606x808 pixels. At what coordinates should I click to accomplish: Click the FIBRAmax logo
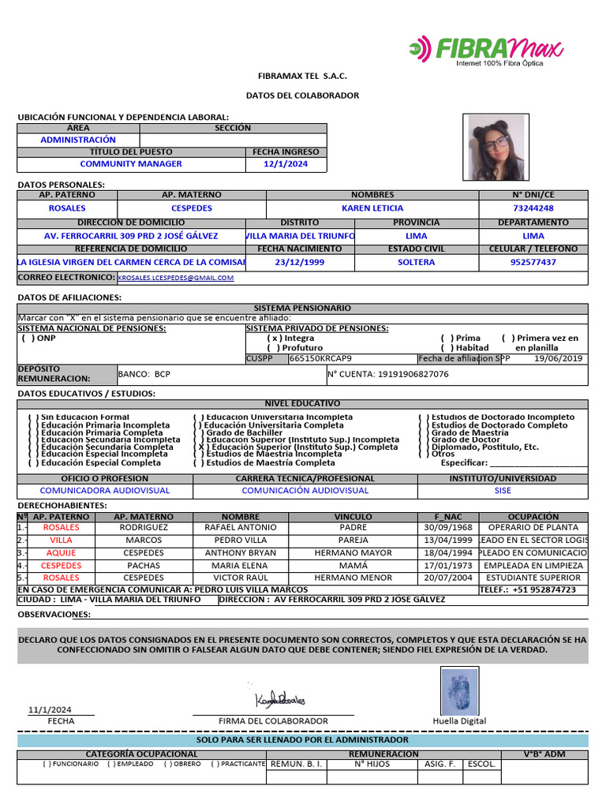pos(485,50)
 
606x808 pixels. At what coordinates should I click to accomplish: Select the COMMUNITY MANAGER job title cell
pos(131,164)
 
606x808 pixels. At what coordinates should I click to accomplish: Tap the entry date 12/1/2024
pos(286,164)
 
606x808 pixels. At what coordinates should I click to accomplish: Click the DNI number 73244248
pos(533,208)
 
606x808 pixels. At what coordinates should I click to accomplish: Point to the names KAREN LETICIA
pos(372,208)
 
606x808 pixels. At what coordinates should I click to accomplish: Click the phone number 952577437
pos(533,262)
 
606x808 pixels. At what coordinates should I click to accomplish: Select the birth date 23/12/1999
pos(300,262)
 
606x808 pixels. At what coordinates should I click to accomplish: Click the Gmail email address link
pos(176,278)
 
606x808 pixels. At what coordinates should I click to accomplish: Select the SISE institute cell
pos(503,491)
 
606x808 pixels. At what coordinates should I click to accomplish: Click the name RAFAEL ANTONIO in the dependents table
pos(241,527)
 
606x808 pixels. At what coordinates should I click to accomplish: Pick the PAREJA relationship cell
pos(353,541)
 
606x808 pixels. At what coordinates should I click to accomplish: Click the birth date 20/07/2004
pos(447,578)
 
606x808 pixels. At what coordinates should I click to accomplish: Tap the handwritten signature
pos(280,699)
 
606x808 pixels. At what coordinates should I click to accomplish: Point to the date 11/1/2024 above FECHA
pos(50,709)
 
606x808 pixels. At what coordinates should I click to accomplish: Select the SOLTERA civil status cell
pos(417,262)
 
